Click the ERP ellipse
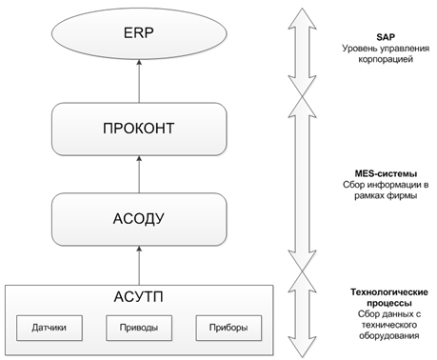(x=139, y=33)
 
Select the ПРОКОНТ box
(x=139, y=129)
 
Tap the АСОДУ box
(x=139, y=219)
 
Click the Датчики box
(x=50, y=328)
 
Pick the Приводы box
(x=139, y=328)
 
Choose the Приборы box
(x=228, y=328)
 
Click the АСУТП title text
(x=139, y=297)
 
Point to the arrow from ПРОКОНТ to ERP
(x=139, y=81)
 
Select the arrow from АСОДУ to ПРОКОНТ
(x=139, y=174)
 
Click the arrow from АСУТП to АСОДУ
(x=139, y=266)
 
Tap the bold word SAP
(x=386, y=37)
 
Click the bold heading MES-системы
(x=386, y=173)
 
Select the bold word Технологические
(x=389, y=292)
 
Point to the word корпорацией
(x=386, y=59)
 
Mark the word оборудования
(x=389, y=336)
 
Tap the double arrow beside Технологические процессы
(x=302, y=314)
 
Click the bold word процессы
(x=389, y=303)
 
